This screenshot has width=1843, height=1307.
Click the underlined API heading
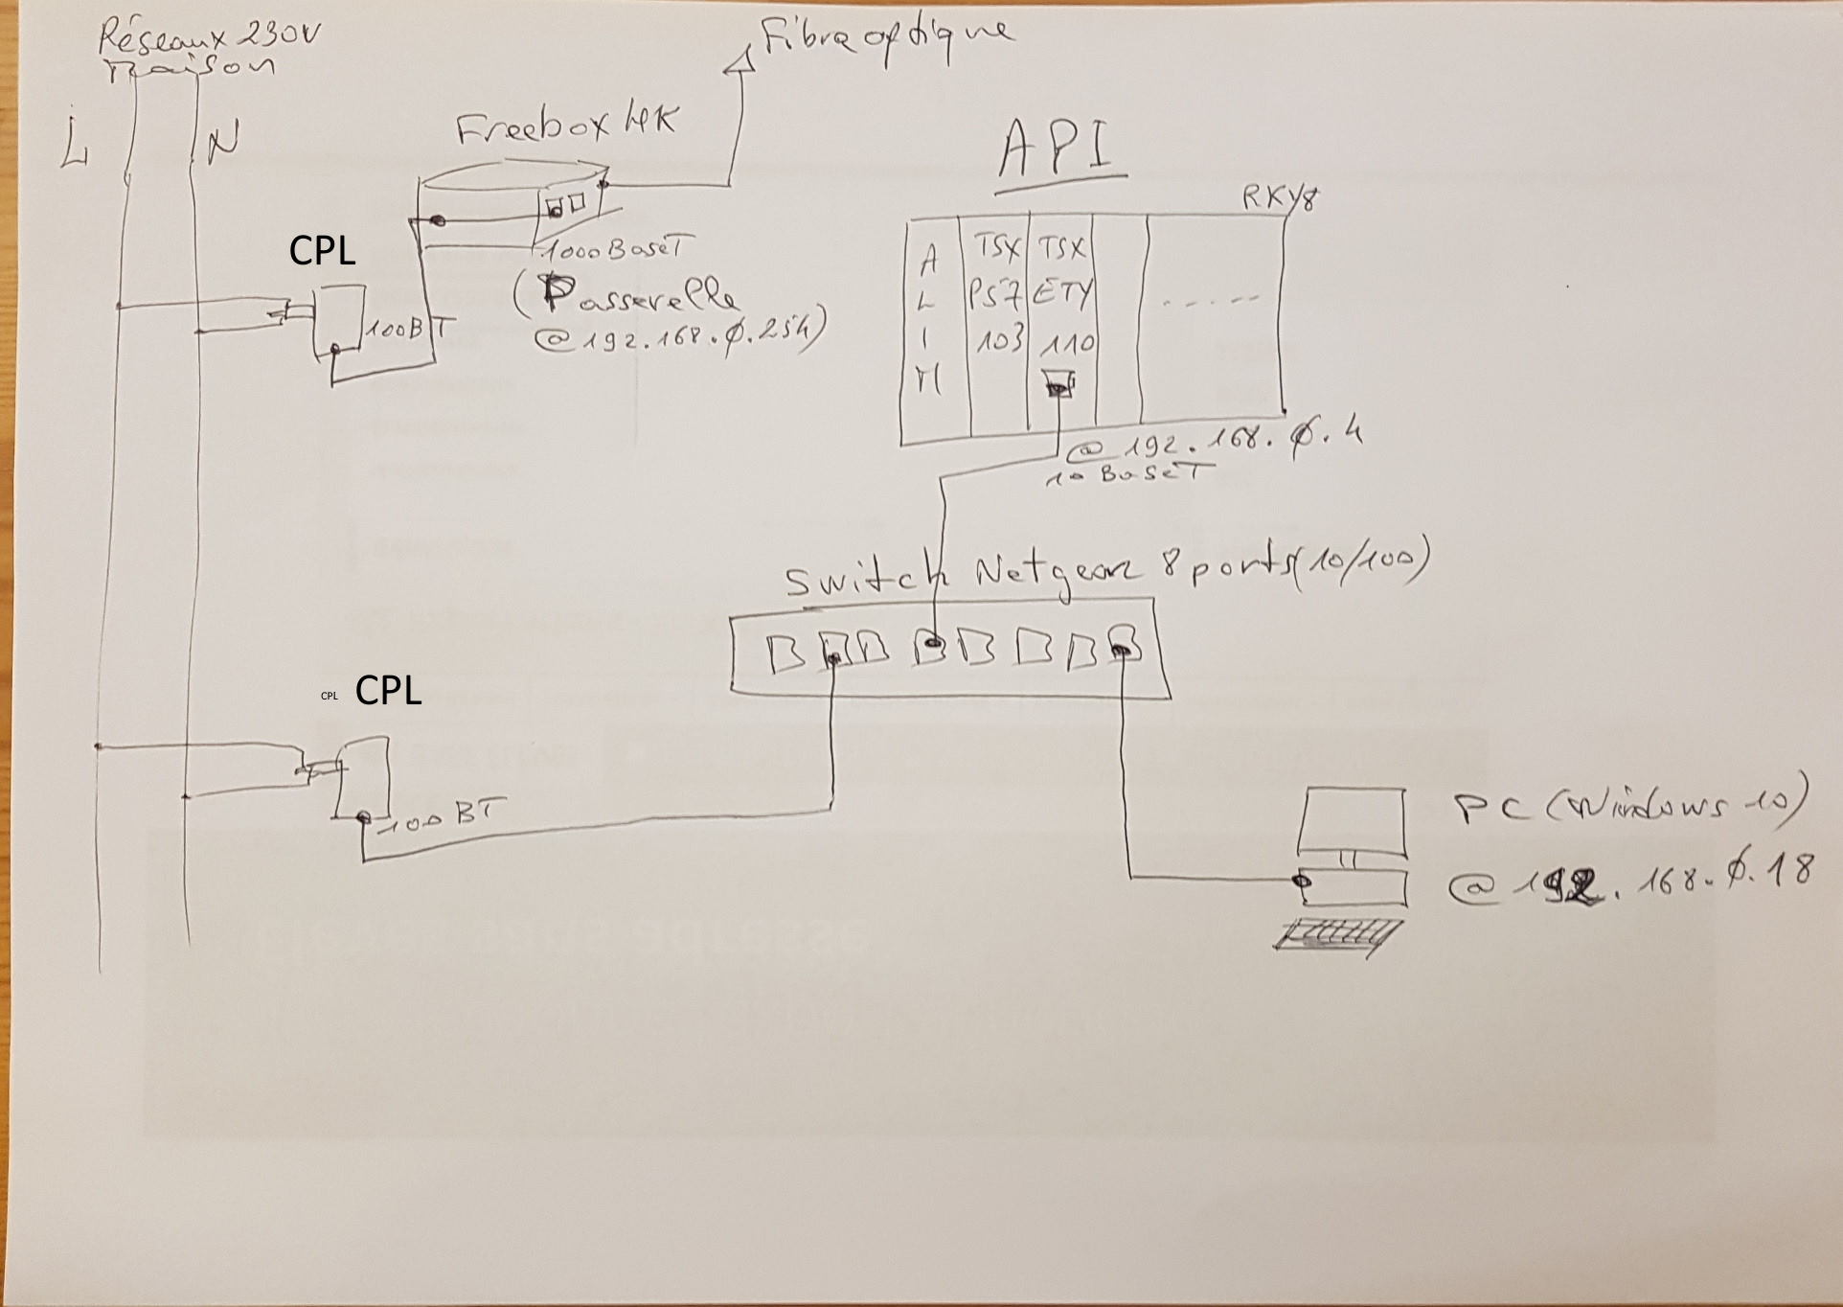tap(1059, 151)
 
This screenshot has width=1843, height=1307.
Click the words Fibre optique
tap(886, 38)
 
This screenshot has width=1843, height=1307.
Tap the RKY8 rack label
tap(1280, 198)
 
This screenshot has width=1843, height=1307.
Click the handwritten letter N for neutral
tap(221, 143)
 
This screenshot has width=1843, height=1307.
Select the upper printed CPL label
tap(322, 251)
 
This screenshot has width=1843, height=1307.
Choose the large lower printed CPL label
tap(388, 690)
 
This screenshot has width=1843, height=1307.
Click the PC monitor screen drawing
tap(1352, 820)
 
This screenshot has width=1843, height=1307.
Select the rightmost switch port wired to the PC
tap(1124, 648)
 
